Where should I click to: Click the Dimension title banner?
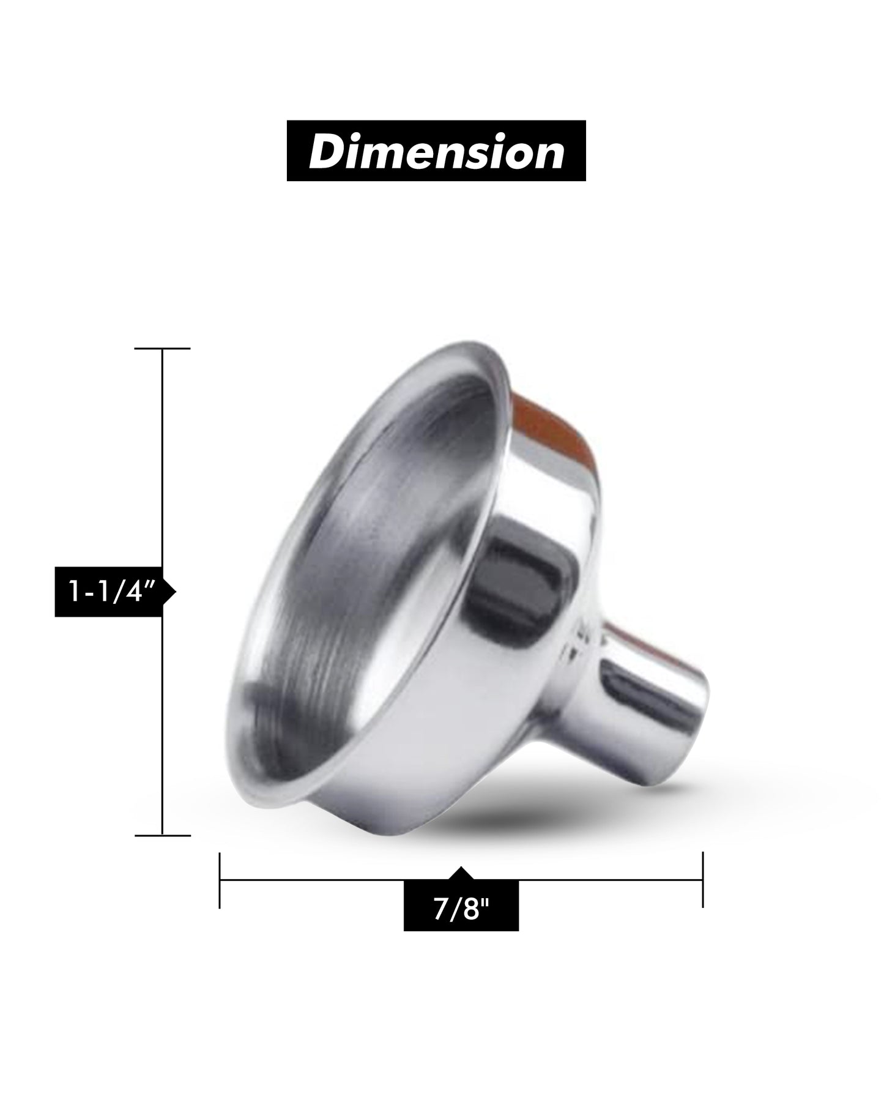pyautogui.click(x=436, y=151)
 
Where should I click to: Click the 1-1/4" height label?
pyautogui.click(x=110, y=592)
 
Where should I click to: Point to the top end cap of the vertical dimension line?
pyautogui.click(x=162, y=348)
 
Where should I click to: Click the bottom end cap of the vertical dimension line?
pyautogui.click(x=162, y=835)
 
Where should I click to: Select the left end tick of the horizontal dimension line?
pyautogui.click(x=220, y=880)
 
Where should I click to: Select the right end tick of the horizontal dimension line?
pyautogui.click(x=702, y=880)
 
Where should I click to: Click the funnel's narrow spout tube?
pyautogui.click(x=648, y=704)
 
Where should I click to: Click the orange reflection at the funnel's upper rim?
pyautogui.click(x=551, y=422)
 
